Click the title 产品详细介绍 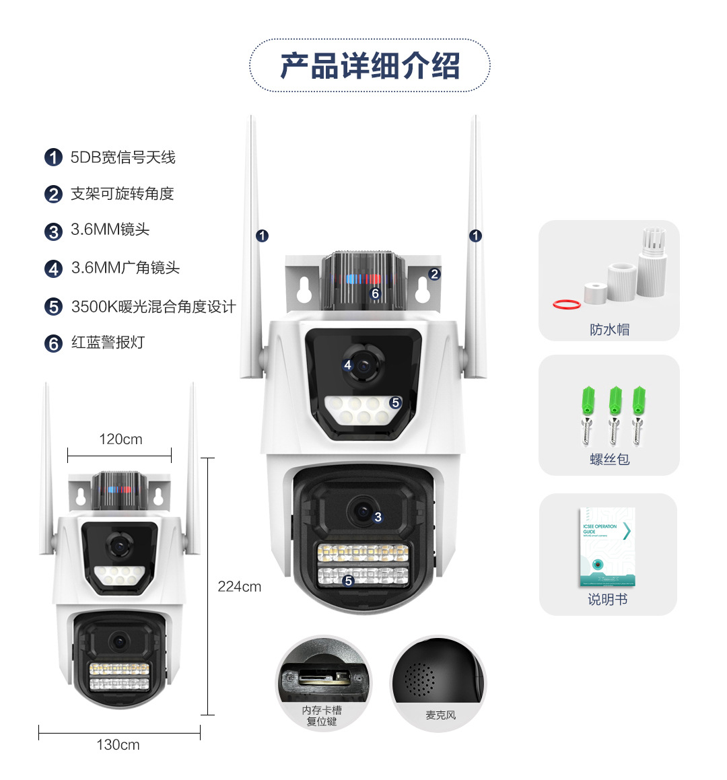click(370, 66)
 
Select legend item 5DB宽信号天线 click(123, 157)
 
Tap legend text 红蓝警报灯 click(108, 343)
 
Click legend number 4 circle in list click(53, 269)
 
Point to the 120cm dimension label click(120, 439)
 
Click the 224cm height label click(239, 587)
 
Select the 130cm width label click(118, 745)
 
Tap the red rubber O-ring click(567, 304)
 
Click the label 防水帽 click(609, 330)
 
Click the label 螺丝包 click(609, 460)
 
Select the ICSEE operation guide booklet click(607, 547)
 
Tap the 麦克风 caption click(440, 715)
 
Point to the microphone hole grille click(419, 678)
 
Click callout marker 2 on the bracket click(434, 274)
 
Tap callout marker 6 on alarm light click(376, 293)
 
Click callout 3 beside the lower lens click(378, 517)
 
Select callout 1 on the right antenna click(476, 236)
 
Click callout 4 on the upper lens click(347, 365)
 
